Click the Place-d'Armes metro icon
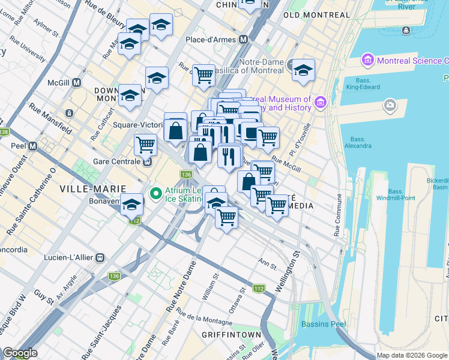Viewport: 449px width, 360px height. (x=244, y=40)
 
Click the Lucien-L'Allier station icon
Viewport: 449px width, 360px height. (x=100, y=257)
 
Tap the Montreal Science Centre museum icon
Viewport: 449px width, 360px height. (x=367, y=61)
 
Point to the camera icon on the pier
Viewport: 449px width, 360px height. (x=390, y=106)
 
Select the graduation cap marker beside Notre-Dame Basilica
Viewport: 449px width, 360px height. (x=304, y=70)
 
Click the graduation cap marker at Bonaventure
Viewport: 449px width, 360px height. (x=131, y=204)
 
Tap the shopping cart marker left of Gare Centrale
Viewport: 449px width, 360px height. (x=145, y=144)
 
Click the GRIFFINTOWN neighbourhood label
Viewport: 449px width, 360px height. (x=231, y=334)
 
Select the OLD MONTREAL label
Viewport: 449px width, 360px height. (x=316, y=15)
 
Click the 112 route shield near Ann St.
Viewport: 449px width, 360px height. (x=259, y=289)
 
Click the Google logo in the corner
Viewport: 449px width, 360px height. (x=20, y=353)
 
